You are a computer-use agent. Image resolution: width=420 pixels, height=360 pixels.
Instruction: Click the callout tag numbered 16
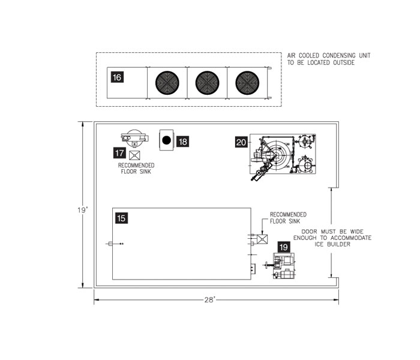[x=117, y=77]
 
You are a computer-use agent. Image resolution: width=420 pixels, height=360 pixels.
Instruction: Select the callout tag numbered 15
[x=121, y=218]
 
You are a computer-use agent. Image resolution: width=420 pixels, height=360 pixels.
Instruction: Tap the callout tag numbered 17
[x=119, y=153]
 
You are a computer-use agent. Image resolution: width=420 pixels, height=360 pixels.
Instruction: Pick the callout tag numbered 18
[x=182, y=142]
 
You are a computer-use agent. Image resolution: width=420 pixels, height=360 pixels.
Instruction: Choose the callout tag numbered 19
[x=284, y=247]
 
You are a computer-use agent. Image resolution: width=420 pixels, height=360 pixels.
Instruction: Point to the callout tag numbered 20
[x=241, y=142]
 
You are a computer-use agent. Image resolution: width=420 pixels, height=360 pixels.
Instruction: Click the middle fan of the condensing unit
[x=208, y=83]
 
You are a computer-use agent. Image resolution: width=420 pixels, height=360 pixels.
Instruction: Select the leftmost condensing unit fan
[x=167, y=83]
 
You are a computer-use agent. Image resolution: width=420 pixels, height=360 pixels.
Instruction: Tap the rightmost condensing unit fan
[x=247, y=83]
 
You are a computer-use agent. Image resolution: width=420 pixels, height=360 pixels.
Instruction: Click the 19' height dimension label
[x=83, y=210]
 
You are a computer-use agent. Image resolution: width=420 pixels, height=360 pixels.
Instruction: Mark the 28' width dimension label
[x=210, y=300]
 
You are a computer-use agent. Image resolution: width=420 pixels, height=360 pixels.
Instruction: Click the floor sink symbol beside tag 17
[x=134, y=155]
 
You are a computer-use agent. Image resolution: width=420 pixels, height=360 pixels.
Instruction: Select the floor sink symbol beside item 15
[x=262, y=239]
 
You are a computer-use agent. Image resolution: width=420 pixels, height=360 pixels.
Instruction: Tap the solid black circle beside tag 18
[x=167, y=140]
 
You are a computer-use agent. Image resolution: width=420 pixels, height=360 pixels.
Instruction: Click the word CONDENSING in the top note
[x=339, y=55]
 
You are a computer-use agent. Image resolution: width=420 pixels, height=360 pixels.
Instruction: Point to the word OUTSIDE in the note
[x=344, y=62]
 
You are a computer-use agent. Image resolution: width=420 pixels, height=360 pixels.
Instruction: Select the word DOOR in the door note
[x=310, y=232]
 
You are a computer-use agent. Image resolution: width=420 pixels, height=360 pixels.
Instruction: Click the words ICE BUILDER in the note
[x=332, y=244]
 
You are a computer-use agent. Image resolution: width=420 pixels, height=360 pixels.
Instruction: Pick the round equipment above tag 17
[x=134, y=138]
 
